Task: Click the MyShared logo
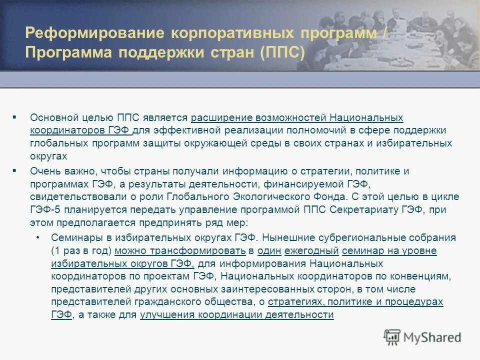click(422, 336)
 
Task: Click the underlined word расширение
click(222, 118)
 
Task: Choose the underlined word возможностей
click(291, 118)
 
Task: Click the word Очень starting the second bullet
click(43, 171)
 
